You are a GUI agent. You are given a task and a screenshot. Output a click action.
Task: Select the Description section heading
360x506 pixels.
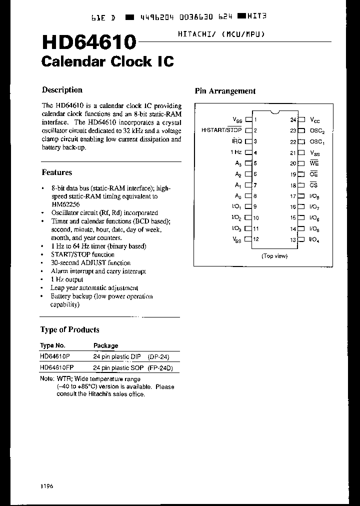[62, 90]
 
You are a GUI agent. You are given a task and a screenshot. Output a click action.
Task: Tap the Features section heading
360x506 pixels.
[57, 172]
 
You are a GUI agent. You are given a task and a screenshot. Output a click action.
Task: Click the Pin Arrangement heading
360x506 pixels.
[224, 91]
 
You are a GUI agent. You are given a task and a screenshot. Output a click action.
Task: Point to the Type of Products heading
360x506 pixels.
[69, 330]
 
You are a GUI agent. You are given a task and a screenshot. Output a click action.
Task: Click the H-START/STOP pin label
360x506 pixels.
[221, 130]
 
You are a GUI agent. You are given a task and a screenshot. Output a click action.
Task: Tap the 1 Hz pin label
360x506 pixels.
[236, 152]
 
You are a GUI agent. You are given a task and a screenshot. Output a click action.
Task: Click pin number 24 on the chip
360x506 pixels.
[293, 120]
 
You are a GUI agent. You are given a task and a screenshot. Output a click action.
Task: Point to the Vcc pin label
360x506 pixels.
[315, 120]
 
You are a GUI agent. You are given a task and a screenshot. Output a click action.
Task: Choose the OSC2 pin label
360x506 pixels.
[317, 131]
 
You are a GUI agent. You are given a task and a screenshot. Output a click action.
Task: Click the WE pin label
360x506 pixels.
[314, 163]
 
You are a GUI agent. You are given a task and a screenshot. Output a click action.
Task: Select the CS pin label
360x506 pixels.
[313, 185]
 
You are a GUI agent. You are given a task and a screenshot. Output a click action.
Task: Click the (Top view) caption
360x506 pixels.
[274, 255]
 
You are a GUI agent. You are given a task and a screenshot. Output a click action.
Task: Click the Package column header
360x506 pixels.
[105, 345]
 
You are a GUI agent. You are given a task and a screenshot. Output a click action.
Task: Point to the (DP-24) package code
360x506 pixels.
[159, 356]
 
